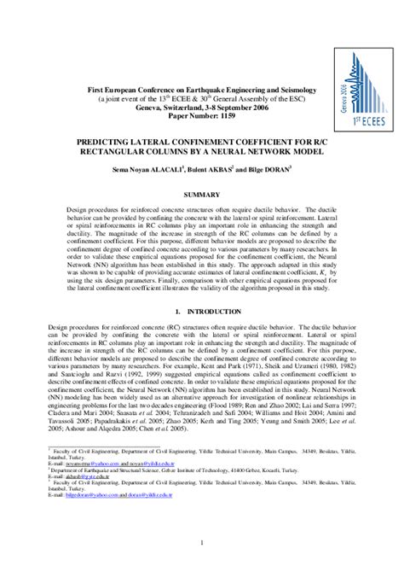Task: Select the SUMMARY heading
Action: (x=201, y=171)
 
